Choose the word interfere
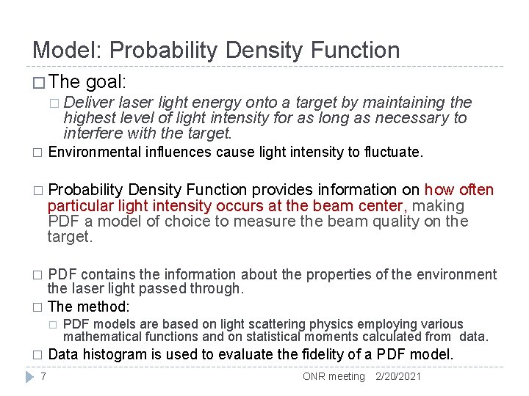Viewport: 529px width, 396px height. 90,133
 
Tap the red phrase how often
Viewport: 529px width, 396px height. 459,190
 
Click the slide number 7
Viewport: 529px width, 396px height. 43,376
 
